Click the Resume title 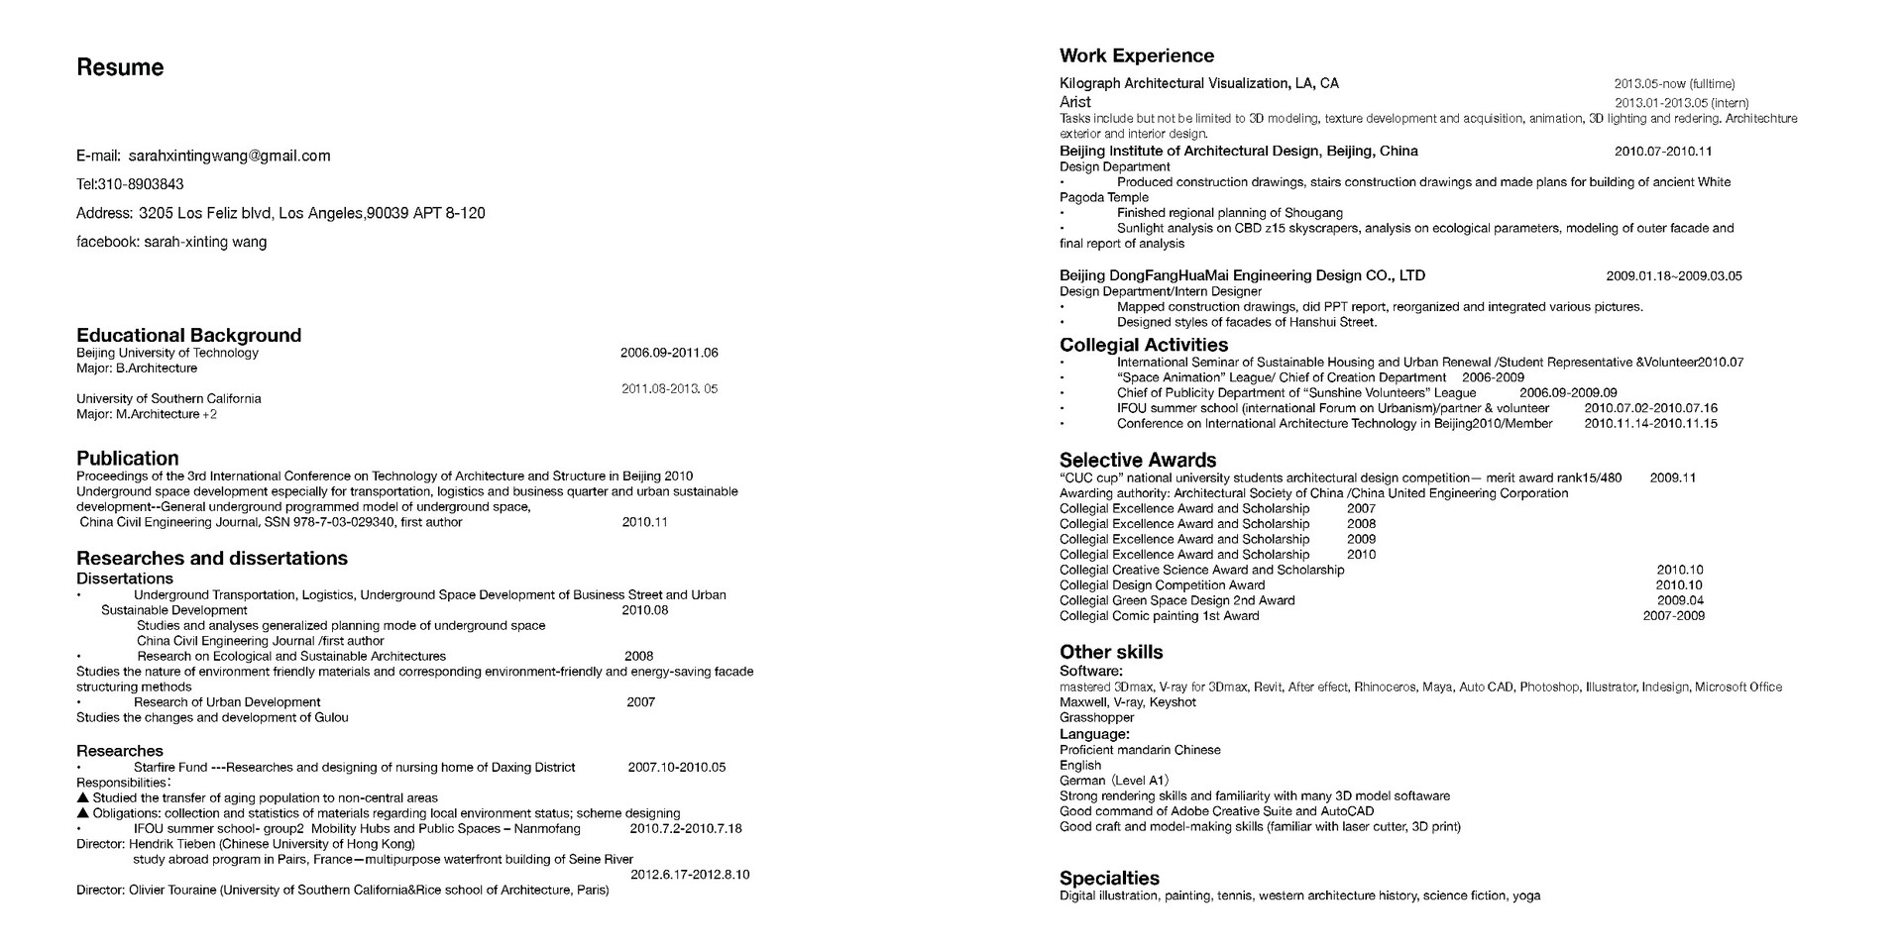(x=120, y=67)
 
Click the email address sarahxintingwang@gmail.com (x=229, y=156)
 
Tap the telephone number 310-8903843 (x=140, y=184)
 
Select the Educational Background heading (x=188, y=335)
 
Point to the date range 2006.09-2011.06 (x=669, y=353)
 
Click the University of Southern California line (x=168, y=398)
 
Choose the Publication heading (x=128, y=458)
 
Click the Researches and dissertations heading (x=212, y=558)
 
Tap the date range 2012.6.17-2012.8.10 (x=690, y=875)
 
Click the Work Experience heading (x=1137, y=55)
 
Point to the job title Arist (x=1074, y=102)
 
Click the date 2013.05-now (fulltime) (x=1674, y=84)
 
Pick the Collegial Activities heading (x=1144, y=345)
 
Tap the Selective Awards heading (x=1138, y=460)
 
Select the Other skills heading (x=1111, y=652)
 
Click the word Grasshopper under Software (x=1096, y=717)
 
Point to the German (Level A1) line (x=1114, y=781)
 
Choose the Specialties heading (x=1109, y=878)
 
